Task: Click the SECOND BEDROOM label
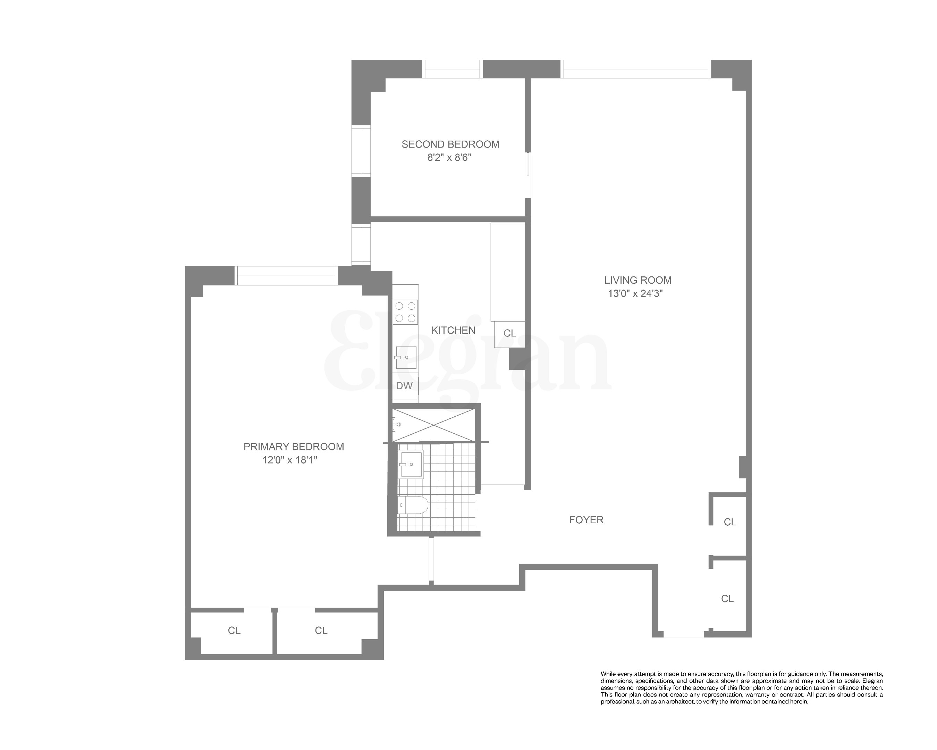pos(450,144)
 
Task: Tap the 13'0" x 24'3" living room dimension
pos(635,293)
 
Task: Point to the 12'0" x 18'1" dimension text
pos(289,460)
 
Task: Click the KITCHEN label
pos(453,331)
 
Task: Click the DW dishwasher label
pos(404,386)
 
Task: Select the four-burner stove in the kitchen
pos(405,312)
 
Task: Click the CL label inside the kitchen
pos(509,333)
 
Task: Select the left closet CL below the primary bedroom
pos(234,631)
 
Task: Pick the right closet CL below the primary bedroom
pos(321,631)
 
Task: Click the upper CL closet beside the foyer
pos(730,522)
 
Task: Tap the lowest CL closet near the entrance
pos(727,599)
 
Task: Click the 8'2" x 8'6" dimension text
pos(449,157)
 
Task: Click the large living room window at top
pos(635,69)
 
